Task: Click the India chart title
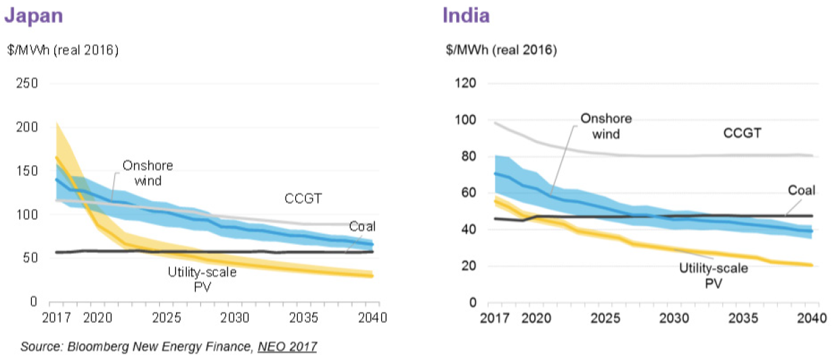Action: [466, 16]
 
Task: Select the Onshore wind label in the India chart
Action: [606, 126]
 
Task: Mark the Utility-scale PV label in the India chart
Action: [714, 275]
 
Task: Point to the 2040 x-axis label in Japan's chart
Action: [371, 317]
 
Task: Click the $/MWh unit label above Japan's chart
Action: [62, 50]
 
